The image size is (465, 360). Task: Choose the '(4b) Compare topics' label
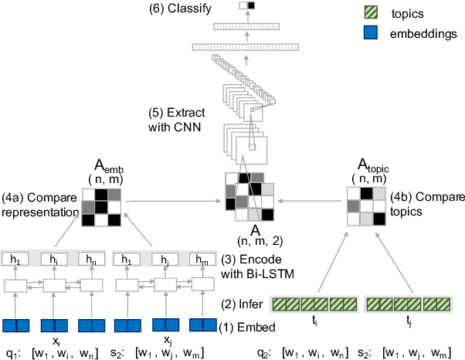(x=421, y=200)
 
